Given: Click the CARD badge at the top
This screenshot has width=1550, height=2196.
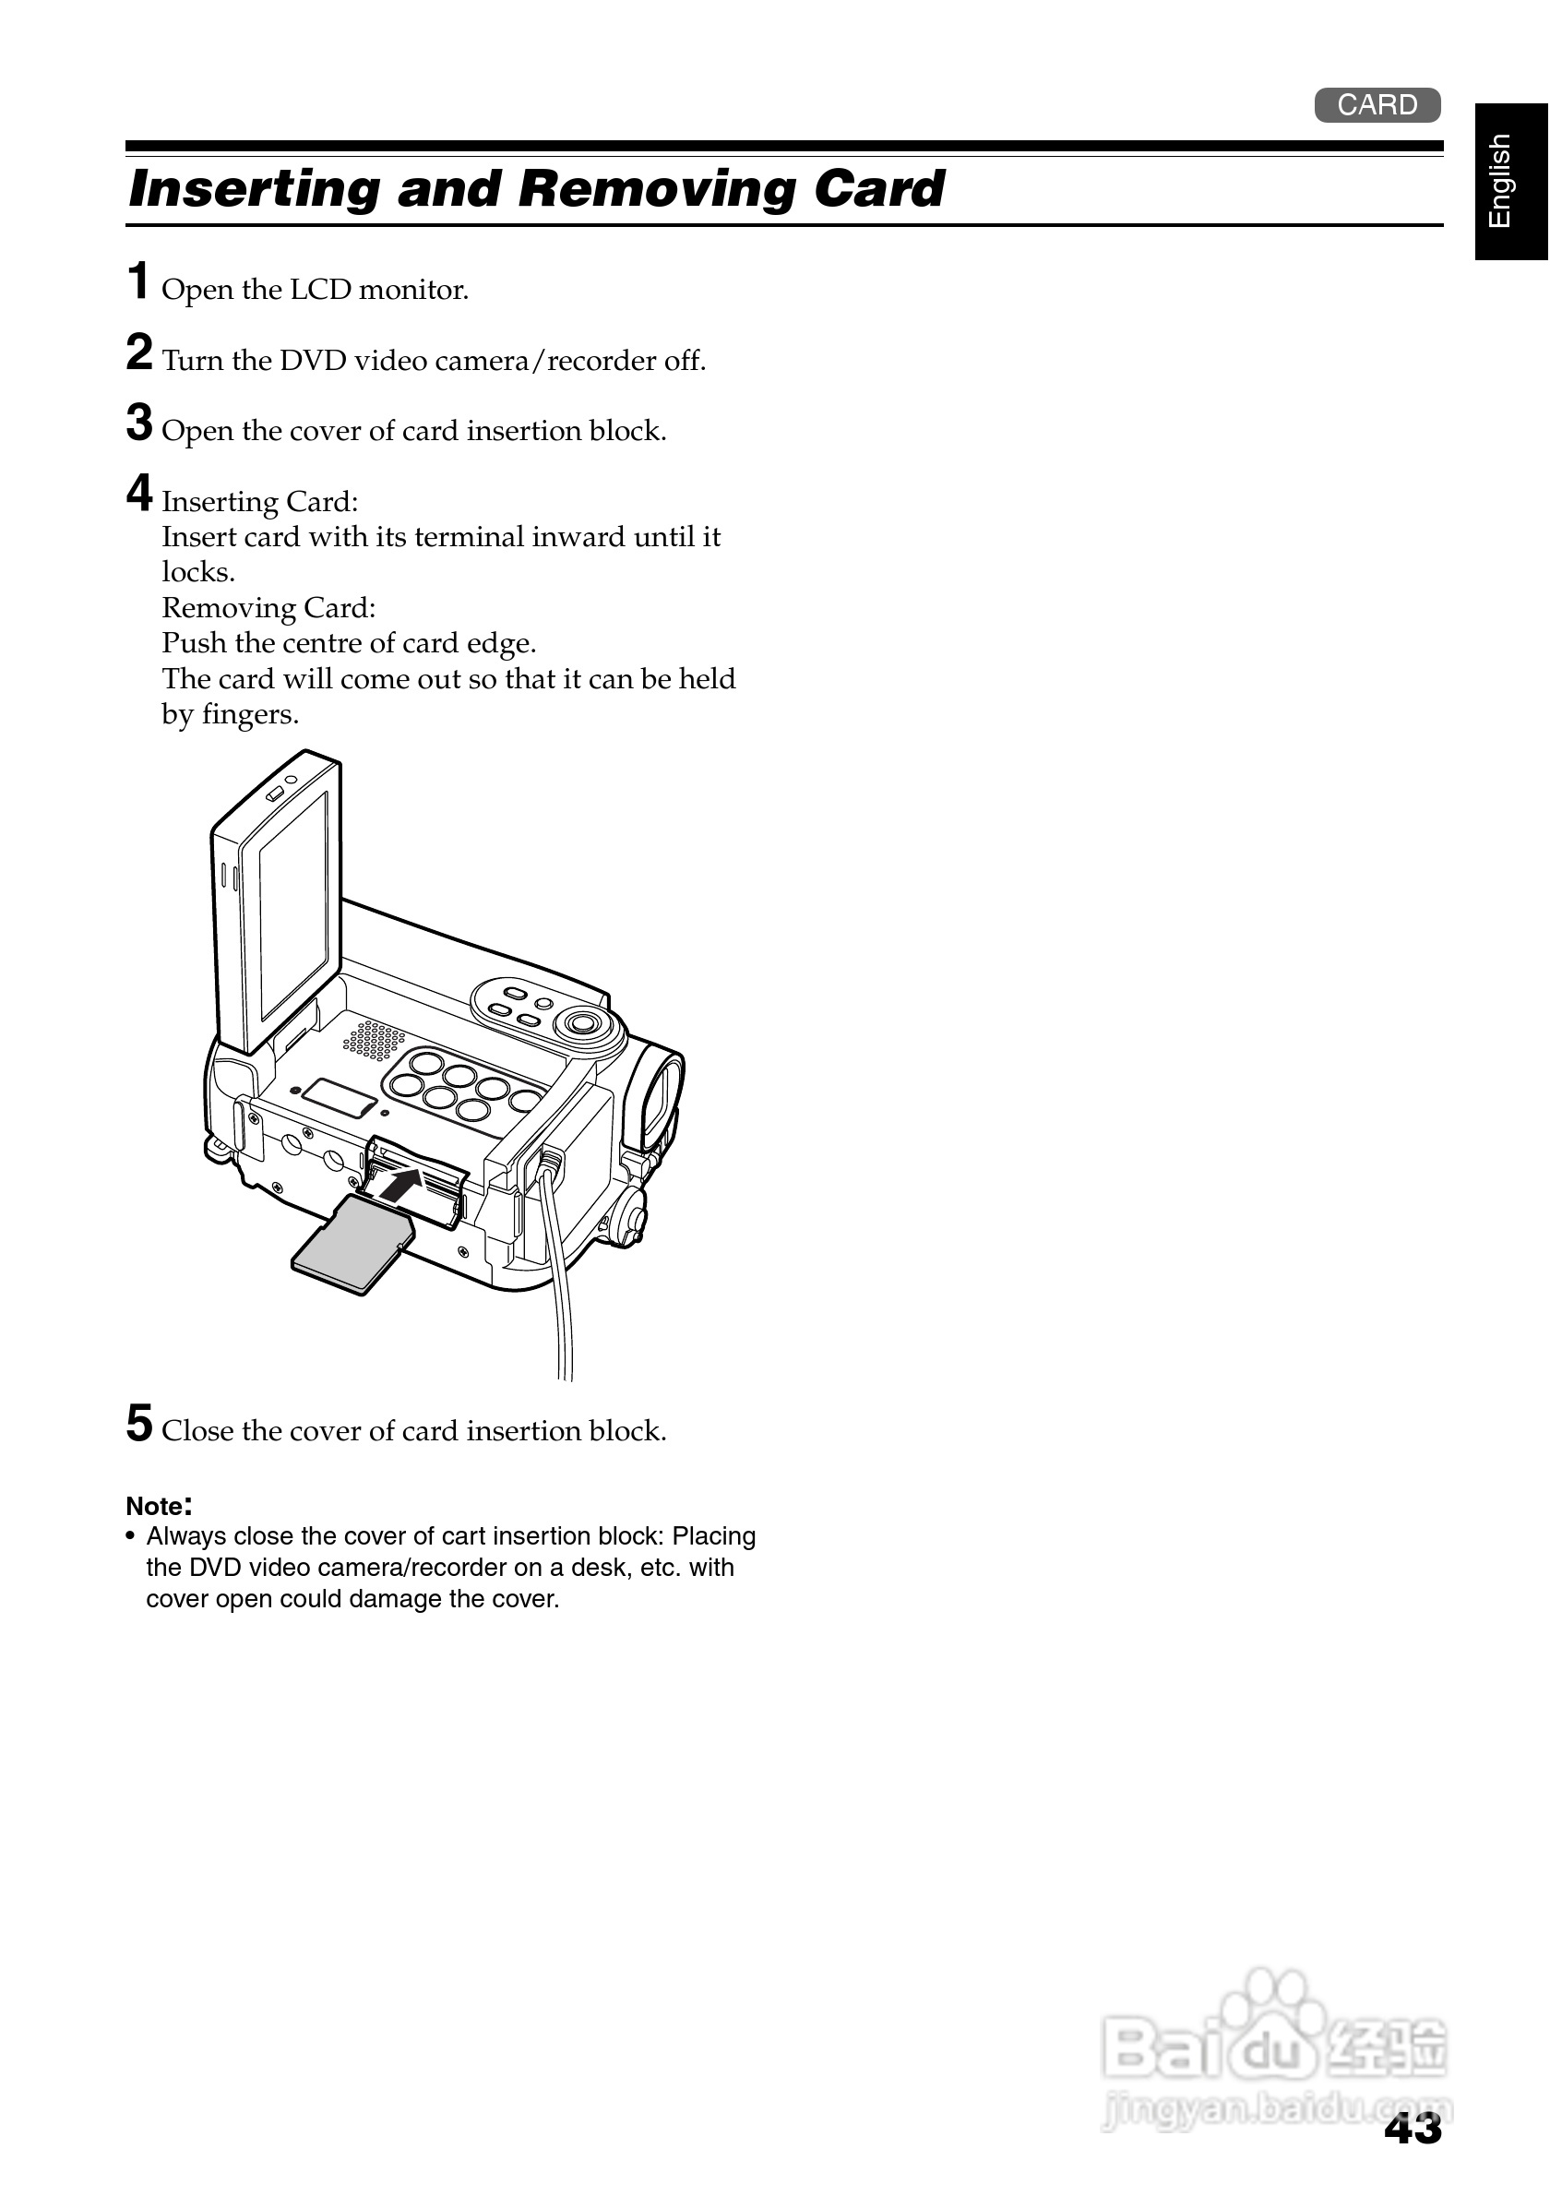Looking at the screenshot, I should coord(1376,104).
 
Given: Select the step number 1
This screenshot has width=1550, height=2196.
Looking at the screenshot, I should coord(138,281).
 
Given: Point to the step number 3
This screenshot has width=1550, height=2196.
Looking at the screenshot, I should coord(139,423).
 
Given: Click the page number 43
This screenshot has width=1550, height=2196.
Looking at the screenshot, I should coord(1413,2130).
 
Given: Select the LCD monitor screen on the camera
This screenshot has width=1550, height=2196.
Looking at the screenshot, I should coord(292,905).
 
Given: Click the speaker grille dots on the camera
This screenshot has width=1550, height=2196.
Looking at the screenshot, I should coord(373,1041).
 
